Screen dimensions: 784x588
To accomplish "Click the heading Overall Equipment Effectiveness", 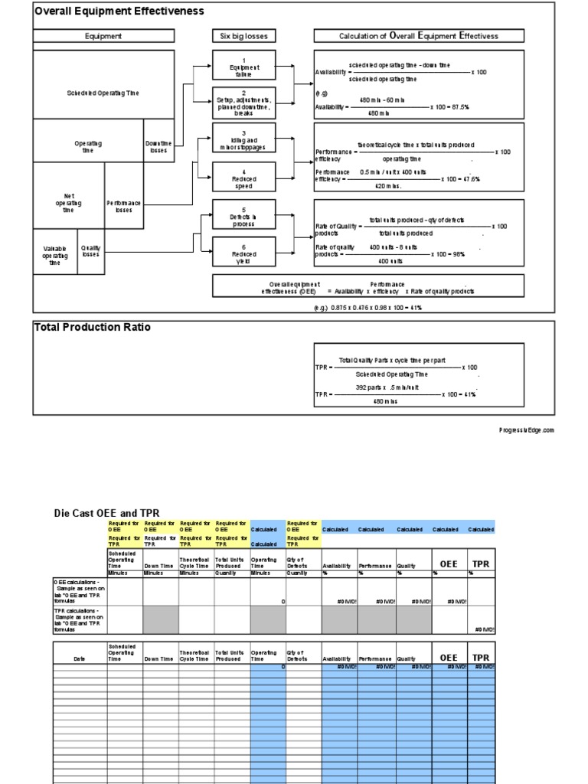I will tap(119, 11).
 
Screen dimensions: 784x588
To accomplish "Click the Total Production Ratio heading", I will tap(92, 328).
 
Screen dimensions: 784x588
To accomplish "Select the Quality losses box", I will tap(91, 251).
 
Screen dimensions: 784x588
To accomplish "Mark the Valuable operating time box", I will tap(55, 256).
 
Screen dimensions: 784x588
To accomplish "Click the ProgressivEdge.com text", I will tap(525, 430).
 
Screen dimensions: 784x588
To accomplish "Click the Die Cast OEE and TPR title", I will tap(106, 513).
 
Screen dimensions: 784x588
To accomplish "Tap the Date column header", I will tap(80, 659).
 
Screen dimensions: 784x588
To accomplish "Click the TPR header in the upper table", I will tap(481, 564).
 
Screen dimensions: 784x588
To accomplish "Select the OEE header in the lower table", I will tap(449, 658).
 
